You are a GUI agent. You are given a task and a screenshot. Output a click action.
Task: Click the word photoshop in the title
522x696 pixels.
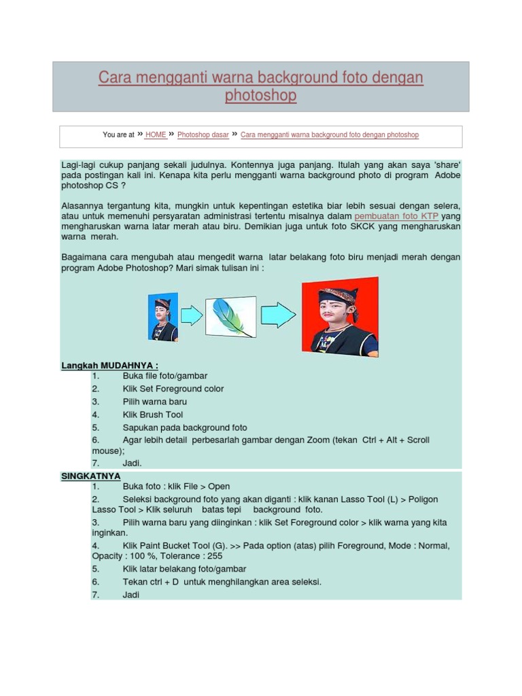260,96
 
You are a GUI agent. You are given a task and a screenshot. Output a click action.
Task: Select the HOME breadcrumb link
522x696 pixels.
156,135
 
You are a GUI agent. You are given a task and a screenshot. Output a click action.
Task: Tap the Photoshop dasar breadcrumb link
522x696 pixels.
203,135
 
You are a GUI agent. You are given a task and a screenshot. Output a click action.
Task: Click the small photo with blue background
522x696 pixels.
163,316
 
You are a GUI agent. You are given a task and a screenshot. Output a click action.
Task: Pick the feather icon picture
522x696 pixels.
230,316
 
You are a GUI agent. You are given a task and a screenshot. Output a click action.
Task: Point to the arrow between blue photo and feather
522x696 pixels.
192,315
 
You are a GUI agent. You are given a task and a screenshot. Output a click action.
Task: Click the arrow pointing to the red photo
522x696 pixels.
278,315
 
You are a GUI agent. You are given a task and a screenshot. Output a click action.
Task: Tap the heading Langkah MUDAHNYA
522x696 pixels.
109,365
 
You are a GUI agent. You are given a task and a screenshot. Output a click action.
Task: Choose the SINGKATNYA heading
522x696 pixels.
91,476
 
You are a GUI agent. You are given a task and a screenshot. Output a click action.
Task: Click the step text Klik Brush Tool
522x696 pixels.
152,415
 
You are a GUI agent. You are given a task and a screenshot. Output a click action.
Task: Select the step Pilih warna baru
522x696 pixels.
154,402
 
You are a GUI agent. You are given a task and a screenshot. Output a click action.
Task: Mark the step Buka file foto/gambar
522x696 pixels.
164,376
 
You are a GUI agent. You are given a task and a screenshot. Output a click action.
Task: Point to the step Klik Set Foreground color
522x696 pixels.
173,389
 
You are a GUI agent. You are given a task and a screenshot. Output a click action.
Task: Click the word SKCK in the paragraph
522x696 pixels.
366,226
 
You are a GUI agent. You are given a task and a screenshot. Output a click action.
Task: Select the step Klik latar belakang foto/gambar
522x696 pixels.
184,569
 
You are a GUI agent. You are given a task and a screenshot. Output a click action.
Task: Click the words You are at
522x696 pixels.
118,135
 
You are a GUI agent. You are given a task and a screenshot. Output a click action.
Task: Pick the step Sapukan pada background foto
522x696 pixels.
185,428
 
